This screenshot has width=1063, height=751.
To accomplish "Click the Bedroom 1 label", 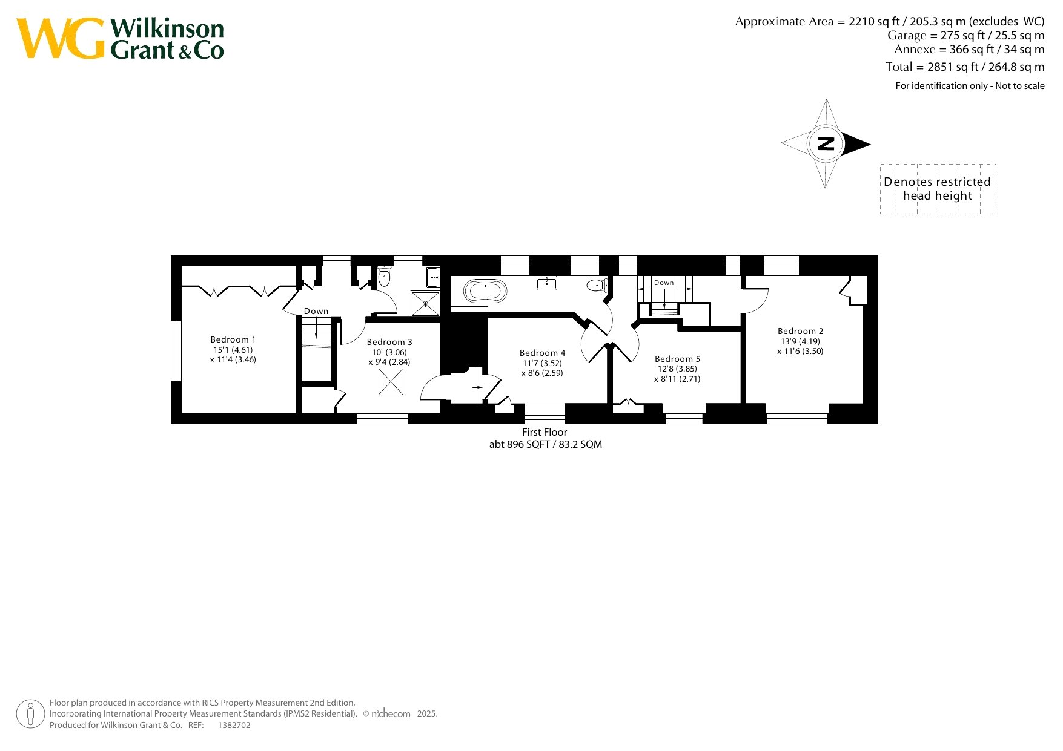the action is point(233,340).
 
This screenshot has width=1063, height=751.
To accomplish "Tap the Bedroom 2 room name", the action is point(801,332).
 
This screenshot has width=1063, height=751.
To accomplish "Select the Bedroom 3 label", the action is point(389,343).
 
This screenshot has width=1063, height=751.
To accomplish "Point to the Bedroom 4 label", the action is point(542,353).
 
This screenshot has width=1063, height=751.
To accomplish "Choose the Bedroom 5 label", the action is point(677,359).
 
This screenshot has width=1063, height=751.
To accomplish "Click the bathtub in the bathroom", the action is point(485,291).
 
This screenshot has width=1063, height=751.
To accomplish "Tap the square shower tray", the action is point(426,303).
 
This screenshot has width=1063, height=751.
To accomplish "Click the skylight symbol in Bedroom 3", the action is point(391,382).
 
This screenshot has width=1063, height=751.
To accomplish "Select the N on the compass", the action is point(826,143).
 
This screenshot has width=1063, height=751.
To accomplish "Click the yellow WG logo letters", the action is point(61,38).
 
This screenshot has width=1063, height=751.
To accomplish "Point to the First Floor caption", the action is point(545,432).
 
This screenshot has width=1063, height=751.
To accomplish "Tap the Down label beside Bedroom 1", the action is point(316,311).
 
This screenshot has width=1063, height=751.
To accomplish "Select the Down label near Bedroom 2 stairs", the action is point(664,283).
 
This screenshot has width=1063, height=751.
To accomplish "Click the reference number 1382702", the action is point(234,725).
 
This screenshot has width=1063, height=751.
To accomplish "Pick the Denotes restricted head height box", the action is point(938,189).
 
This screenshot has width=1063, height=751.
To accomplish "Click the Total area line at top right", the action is point(965,67).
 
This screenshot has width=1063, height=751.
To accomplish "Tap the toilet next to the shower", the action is point(384,277).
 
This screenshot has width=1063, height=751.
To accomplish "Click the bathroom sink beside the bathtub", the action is point(547,283).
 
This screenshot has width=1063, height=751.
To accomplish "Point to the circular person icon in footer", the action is point(30,714).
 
